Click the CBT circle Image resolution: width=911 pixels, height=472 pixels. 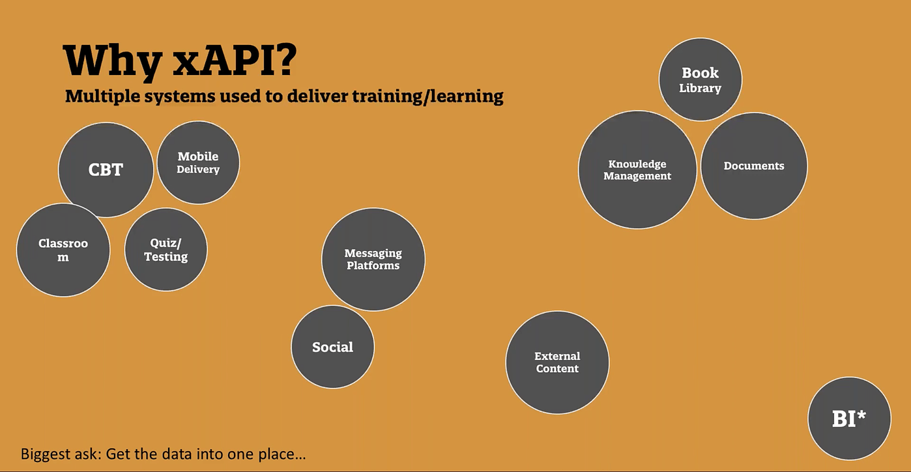106,170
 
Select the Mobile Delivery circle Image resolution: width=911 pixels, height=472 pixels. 198,162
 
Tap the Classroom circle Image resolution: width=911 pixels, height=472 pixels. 63,250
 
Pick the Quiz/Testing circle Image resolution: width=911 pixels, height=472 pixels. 166,250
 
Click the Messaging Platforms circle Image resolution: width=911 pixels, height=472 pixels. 373,259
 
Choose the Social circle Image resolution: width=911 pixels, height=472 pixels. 332,347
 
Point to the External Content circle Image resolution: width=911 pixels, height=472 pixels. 557,362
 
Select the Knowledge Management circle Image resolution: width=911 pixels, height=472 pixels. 637,170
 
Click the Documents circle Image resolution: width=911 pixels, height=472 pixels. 754,166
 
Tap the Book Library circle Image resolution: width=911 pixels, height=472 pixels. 700,80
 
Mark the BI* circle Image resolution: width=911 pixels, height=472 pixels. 849,419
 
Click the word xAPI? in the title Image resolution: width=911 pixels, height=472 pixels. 235,61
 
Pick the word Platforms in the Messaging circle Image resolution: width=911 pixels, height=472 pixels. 373,266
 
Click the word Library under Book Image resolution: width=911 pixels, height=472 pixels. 700,89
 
